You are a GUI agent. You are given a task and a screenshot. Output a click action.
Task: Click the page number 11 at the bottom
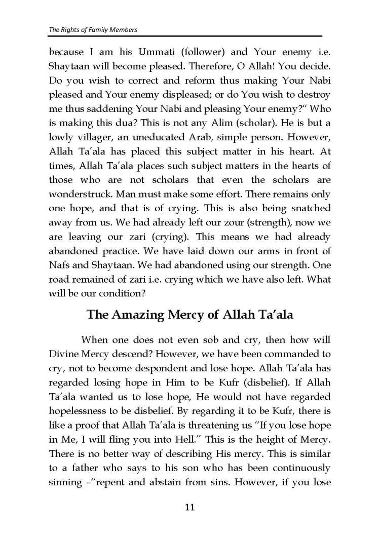pos(190,507)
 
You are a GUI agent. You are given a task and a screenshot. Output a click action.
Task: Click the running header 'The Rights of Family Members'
pos(93,29)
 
